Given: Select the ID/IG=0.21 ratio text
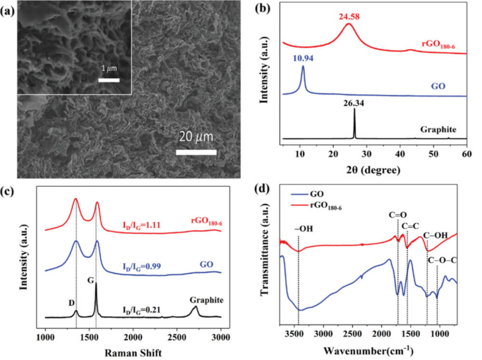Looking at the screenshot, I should [142, 308].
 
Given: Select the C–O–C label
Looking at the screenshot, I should [443, 260].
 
